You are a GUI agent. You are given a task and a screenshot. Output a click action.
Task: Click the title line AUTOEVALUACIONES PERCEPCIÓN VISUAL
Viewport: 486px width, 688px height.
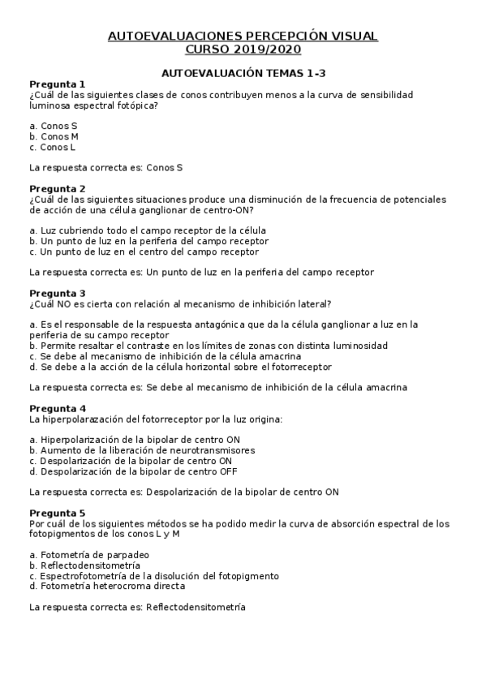243,37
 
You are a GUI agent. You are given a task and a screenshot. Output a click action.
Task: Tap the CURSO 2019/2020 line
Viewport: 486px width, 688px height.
243,49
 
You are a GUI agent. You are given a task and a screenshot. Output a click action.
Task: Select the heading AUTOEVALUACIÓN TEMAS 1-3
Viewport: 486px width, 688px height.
243,72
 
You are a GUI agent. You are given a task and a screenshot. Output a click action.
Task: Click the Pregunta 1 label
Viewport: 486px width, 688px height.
57,84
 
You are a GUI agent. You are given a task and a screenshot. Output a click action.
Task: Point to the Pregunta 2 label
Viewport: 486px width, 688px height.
57,188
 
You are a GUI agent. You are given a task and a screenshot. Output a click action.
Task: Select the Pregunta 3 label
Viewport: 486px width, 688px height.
57,293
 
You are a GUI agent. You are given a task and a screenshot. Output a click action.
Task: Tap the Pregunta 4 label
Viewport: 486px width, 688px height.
57,408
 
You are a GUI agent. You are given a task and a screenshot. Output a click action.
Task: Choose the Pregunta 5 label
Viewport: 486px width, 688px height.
57,513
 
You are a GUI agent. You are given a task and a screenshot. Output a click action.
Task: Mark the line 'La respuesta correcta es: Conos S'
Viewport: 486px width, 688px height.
105,168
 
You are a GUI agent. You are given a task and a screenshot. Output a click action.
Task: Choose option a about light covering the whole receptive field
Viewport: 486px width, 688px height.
147,230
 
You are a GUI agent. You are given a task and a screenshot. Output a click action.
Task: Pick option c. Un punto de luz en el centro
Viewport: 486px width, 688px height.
144,252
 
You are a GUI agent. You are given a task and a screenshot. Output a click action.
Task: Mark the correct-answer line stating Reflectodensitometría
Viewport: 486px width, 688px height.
136,607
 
